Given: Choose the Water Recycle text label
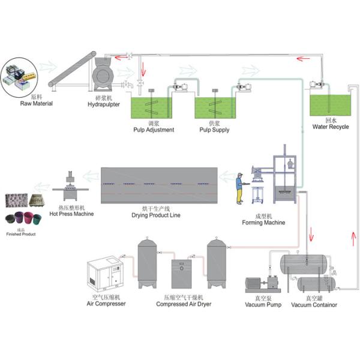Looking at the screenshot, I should tap(330, 127).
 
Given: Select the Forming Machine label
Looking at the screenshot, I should tap(263, 223).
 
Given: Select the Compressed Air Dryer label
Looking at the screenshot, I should tap(179, 304).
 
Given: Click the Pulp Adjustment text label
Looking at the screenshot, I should tap(153, 130).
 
